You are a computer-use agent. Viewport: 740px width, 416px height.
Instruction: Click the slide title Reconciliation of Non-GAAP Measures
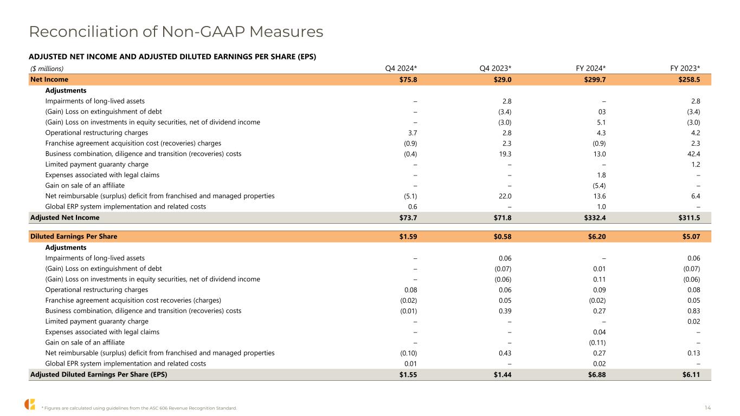click(x=176, y=32)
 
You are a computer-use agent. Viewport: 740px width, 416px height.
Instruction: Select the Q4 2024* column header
click(x=401, y=68)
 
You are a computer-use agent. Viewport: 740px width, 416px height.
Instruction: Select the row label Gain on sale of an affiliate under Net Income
click(x=85, y=185)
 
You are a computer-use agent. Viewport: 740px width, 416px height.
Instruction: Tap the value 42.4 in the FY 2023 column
click(x=692, y=154)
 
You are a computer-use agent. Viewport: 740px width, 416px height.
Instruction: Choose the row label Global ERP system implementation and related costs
click(x=126, y=206)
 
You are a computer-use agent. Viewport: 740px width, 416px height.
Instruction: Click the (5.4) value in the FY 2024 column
click(x=597, y=185)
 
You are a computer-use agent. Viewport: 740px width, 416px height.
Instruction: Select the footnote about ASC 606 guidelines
click(x=139, y=408)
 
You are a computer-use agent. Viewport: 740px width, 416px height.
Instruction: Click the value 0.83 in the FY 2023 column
click(x=692, y=311)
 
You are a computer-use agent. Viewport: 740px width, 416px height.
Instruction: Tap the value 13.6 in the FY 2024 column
click(x=598, y=196)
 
